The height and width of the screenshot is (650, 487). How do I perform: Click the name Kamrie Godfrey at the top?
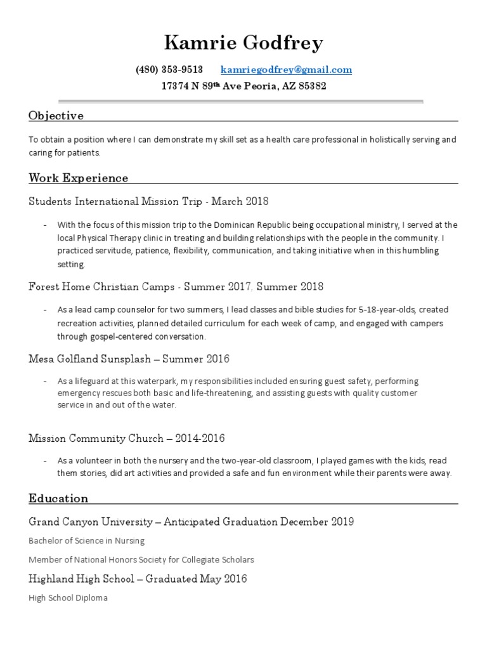point(243,43)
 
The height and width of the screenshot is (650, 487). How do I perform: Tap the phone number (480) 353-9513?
point(169,70)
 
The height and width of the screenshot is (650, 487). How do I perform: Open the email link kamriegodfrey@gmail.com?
point(286,70)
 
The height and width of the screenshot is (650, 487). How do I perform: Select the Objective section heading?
point(56,116)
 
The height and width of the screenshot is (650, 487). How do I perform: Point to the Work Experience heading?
point(78,178)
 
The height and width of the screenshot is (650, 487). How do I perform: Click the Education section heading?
point(58,498)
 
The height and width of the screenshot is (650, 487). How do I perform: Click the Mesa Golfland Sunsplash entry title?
point(89,359)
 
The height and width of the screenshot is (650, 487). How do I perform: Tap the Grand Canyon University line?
point(191,522)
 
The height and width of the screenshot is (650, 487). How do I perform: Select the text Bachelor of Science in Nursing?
point(87,541)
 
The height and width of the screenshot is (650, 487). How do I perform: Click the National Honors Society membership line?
point(141,560)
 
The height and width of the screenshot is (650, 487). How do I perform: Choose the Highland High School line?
point(138,578)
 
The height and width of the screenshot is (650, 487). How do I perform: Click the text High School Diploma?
point(68,598)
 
